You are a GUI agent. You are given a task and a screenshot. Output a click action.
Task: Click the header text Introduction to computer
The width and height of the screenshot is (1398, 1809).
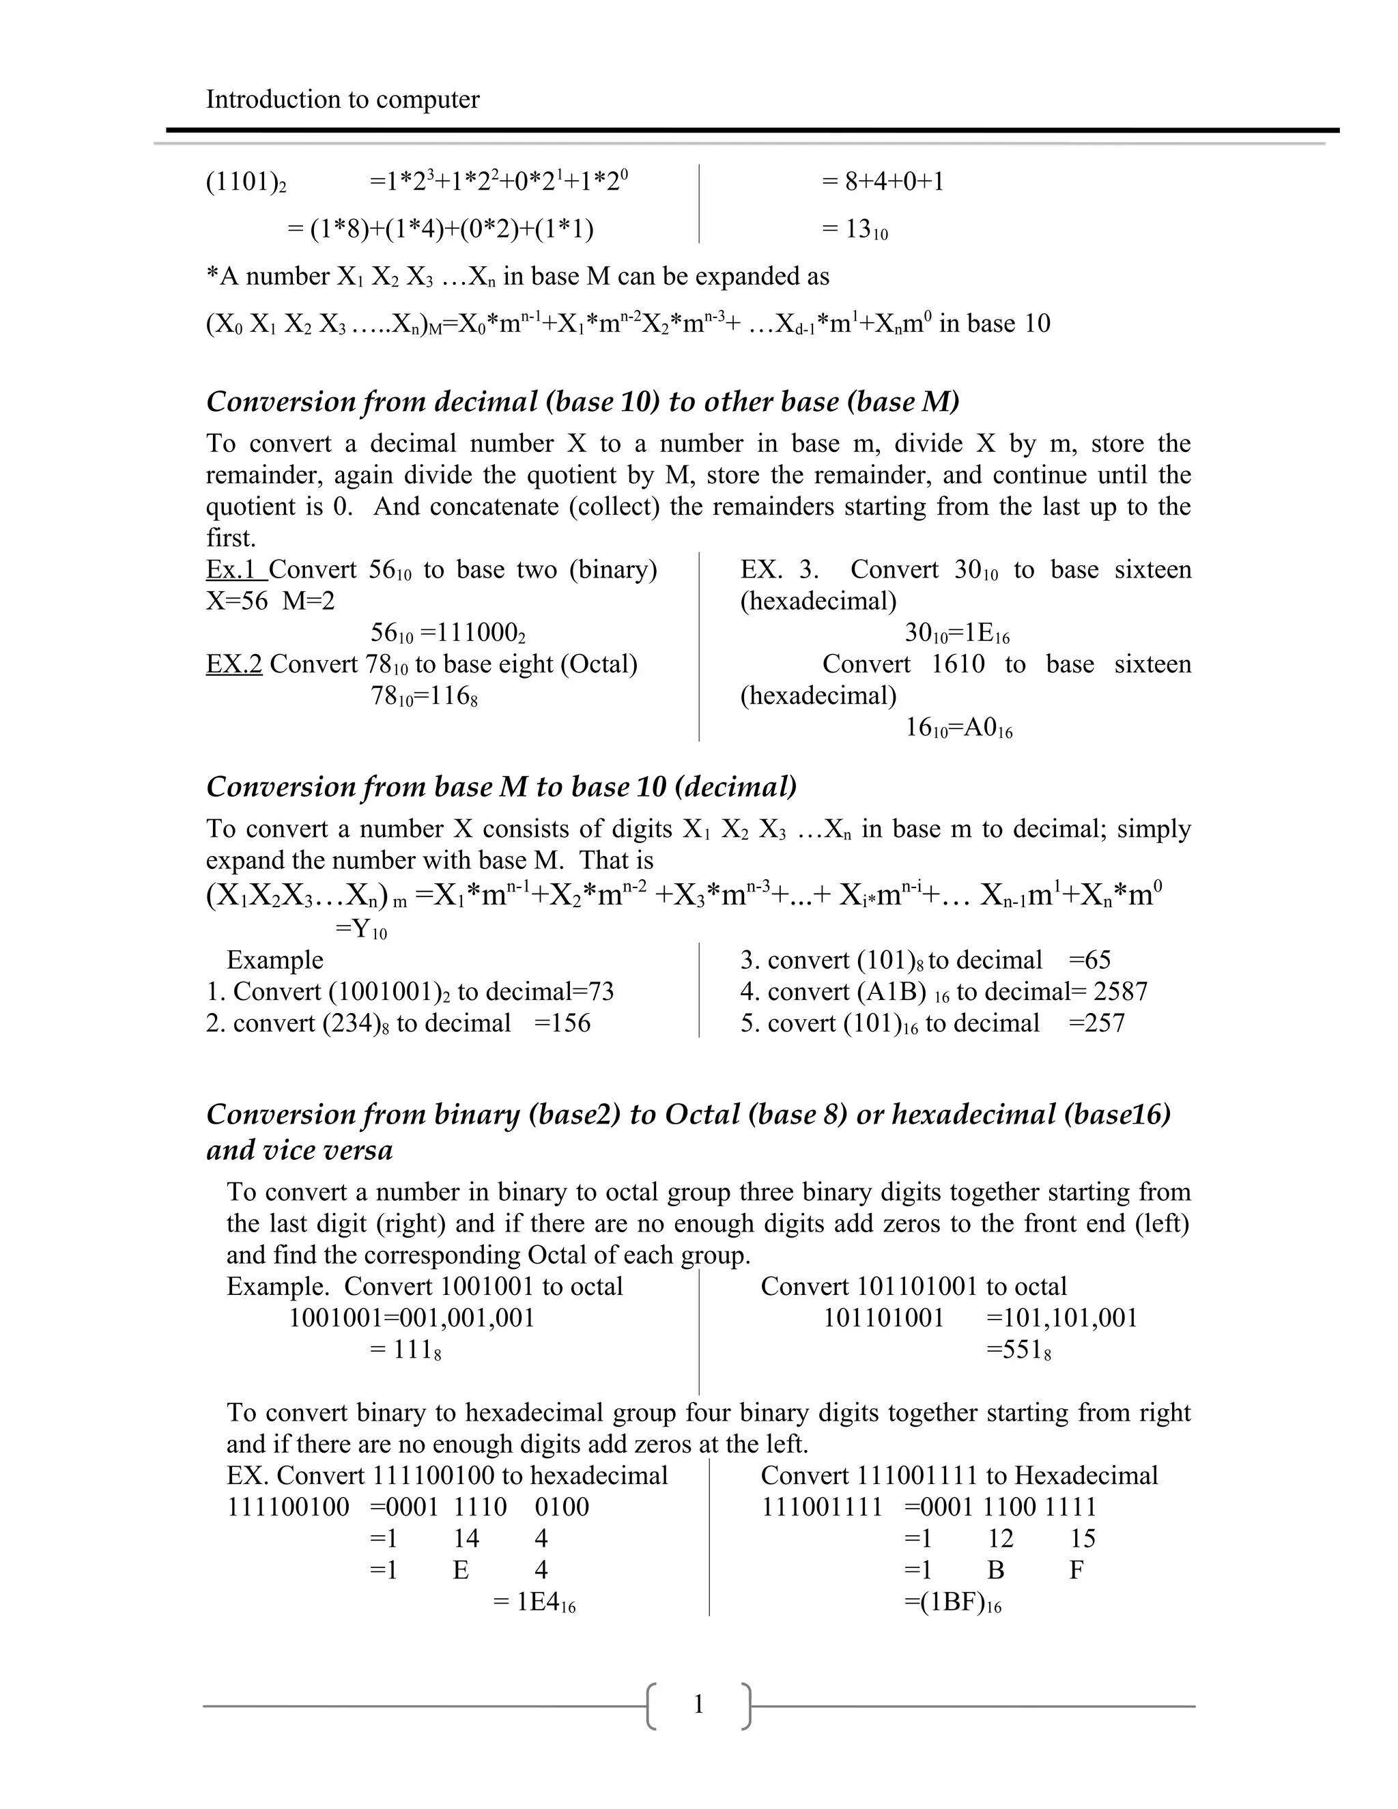(x=342, y=100)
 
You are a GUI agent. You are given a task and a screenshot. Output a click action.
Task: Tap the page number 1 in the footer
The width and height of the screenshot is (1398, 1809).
(x=698, y=1704)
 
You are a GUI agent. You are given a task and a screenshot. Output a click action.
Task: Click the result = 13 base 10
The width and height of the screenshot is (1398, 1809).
(x=855, y=229)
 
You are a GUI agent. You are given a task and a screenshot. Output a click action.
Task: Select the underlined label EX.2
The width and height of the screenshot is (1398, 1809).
(x=234, y=664)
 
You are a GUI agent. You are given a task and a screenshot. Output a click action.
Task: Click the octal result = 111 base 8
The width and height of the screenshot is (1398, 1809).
(x=406, y=1350)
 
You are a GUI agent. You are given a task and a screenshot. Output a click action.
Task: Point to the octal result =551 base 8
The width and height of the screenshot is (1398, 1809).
(x=1018, y=1350)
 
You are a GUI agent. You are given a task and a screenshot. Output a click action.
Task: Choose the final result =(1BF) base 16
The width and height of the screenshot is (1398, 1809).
(x=952, y=1602)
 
